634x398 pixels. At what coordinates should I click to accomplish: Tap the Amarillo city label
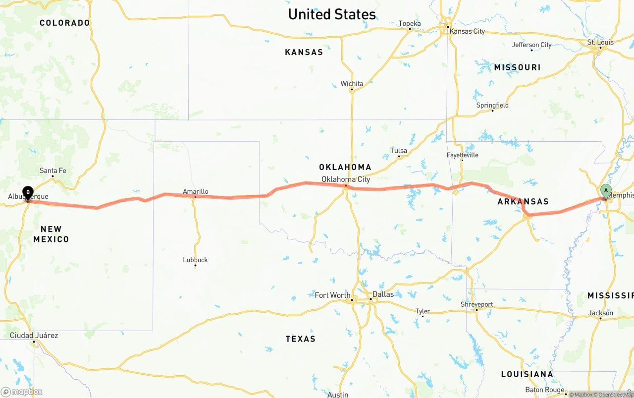pyautogui.click(x=196, y=191)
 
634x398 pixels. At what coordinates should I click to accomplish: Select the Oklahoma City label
pyautogui.click(x=346, y=179)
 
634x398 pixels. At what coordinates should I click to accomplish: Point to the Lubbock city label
pyautogui.click(x=195, y=260)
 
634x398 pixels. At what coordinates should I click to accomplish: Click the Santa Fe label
pyautogui.click(x=53, y=171)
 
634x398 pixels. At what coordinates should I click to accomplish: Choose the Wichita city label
pyautogui.click(x=352, y=83)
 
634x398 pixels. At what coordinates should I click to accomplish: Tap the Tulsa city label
pyautogui.click(x=399, y=150)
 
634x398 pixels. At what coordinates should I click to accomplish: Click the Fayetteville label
pyautogui.click(x=463, y=155)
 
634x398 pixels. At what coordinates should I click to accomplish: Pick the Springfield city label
pyautogui.click(x=492, y=105)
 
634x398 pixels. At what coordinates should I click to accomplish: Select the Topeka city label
pyautogui.click(x=410, y=23)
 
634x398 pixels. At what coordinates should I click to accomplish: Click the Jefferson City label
pyautogui.click(x=531, y=45)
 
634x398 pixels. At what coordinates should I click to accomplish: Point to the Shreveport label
pyautogui.click(x=476, y=304)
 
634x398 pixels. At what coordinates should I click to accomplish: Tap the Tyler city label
pyautogui.click(x=423, y=311)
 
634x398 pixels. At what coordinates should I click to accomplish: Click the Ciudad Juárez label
pyautogui.click(x=34, y=336)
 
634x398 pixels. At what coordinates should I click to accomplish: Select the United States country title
pyautogui.click(x=332, y=14)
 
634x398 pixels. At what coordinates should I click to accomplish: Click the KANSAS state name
pyautogui.click(x=304, y=52)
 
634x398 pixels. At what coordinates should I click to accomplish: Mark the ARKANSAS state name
pyautogui.click(x=523, y=201)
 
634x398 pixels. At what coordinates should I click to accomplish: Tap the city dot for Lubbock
pyautogui.click(x=195, y=266)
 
